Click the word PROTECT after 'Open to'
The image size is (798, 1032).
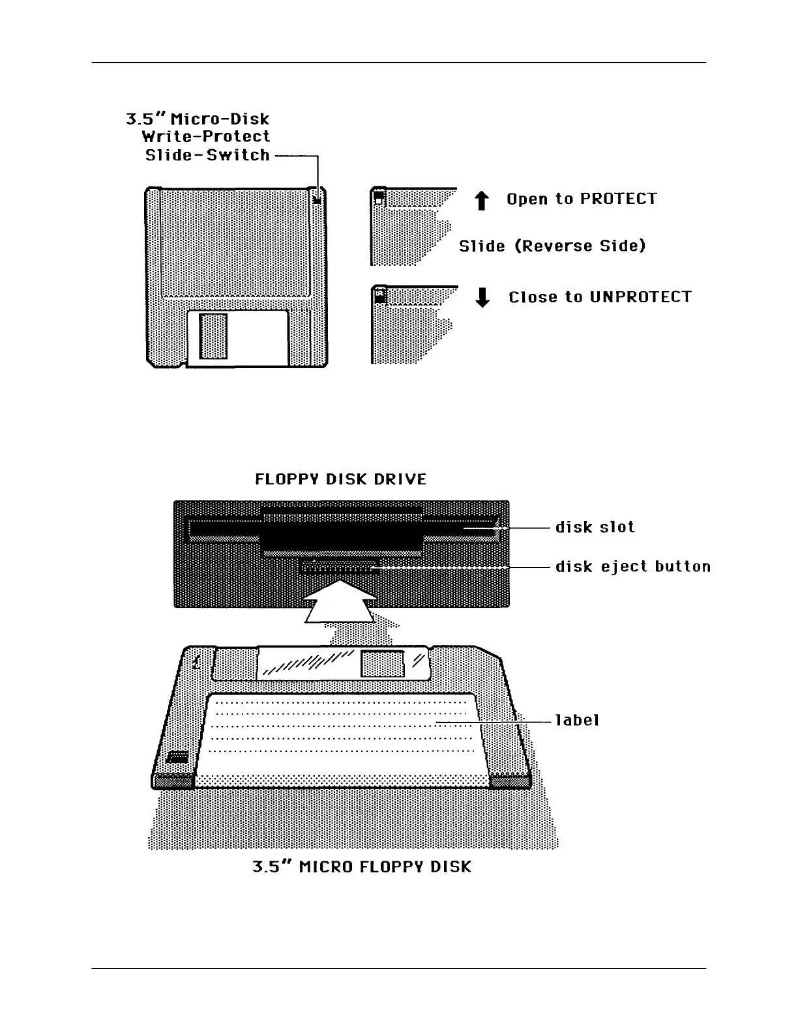coord(618,199)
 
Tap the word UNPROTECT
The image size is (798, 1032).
coord(640,298)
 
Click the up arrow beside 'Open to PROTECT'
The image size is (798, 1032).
coord(482,201)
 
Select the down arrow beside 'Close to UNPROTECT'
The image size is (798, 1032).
coord(482,298)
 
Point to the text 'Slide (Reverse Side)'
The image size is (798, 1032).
coord(552,246)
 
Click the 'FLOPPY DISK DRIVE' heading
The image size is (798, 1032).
coord(340,480)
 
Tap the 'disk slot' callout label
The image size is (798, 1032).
coord(595,527)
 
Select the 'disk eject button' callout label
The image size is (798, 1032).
coord(632,567)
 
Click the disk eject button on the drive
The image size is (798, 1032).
coord(338,567)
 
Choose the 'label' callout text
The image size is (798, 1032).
coord(577,721)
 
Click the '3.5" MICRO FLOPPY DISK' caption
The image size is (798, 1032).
coord(361,868)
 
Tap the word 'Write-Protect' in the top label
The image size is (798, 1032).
coord(206,137)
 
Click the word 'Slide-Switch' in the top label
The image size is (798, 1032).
coord(207,156)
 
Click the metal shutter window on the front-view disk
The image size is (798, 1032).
coord(213,336)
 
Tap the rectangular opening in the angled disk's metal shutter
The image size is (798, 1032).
coord(383,664)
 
